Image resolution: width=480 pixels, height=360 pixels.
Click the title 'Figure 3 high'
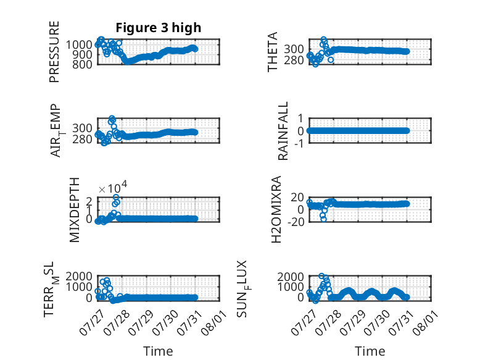pyautogui.click(x=159, y=28)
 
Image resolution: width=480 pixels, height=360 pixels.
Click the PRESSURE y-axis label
pyautogui.click(x=54, y=52)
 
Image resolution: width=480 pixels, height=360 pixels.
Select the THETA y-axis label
pyautogui.click(x=272, y=52)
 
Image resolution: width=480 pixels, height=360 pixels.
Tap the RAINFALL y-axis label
pyautogui.click(x=283, y=131)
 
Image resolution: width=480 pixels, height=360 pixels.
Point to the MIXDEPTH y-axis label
pyautogui.click(x=75, y=210)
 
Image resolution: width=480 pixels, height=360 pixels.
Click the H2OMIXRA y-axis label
pyautogui.click(x=276, y=209)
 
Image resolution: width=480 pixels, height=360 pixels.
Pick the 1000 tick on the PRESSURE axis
pyautogui.click(x=79, y=45)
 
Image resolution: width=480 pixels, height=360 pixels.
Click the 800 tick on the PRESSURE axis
pyautogui.click(x=82, y=64)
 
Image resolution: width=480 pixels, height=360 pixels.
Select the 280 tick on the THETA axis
pyautogui.click(x=294, y=61)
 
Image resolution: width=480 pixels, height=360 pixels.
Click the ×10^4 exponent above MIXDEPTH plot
pyautogui.click(x=113, y=187)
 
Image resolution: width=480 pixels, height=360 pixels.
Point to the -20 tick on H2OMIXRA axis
pyautogui.click(x=296, y=222)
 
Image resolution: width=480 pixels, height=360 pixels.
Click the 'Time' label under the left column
pyautogui.click(x=158, y=351)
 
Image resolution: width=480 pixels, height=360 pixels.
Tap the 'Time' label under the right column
pyautogui.click(x=370, y=351)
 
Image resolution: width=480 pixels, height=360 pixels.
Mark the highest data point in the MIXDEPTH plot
pyautogui.click(x=116, y=198)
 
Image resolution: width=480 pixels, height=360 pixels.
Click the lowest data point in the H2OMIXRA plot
pyautogui.click(x=323, y=219)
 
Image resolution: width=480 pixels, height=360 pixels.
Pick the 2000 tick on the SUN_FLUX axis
pyautogui.click(x=291, y=277)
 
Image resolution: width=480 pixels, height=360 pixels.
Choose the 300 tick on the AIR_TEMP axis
pyautogui.click(x=82, y=128)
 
